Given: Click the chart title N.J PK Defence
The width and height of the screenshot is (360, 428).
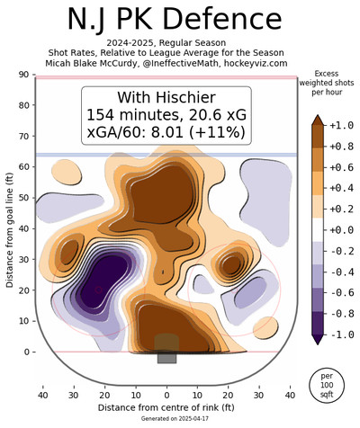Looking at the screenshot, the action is [175, 20].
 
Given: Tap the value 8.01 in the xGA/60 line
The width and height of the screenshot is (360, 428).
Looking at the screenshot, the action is [167, 132].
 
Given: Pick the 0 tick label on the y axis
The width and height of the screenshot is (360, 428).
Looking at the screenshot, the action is [27, 352].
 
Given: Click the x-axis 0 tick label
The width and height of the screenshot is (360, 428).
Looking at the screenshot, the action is [166, 396].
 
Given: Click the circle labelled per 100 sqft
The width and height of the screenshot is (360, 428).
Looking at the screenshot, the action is [327, 385].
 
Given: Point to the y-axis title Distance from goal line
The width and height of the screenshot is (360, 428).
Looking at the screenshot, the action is [10, 229].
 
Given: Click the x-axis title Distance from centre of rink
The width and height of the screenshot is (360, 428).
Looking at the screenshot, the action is [166, 407].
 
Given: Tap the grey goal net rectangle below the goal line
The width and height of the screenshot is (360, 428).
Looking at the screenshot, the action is [166, 358].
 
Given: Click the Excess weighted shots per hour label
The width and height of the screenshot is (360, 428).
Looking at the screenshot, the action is [327, 83].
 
